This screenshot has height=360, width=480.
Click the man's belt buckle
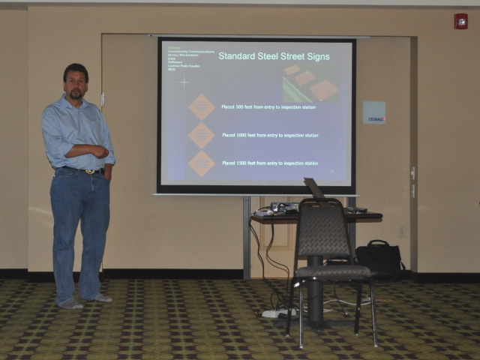tap(90, 171)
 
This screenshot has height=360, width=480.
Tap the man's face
tap(75, 83)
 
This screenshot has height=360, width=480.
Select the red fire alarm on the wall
tap(460, 22)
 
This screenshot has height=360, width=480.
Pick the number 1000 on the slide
tap(241, 136)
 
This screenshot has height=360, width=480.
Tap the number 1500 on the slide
tap(241, 163)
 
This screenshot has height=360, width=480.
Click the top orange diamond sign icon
tap(201, 107)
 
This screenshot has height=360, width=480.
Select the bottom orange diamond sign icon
tap(201, 163)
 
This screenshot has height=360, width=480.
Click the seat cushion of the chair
tap(332, 271)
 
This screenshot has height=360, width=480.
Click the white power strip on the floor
tap(278, 311)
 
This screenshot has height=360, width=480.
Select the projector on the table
tap(283, 206)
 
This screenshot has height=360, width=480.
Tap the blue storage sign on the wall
tap(373, 112)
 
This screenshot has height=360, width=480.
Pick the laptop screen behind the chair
tap(314, 188)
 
